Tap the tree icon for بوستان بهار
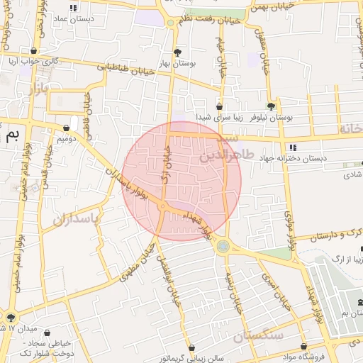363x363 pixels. (x=177, y=52)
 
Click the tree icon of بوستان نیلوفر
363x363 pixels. (x=270, y=106)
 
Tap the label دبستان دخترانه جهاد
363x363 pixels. (x=292, y=158)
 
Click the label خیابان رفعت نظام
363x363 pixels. (x=209, y=21)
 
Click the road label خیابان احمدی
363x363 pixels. (x=275, y=292)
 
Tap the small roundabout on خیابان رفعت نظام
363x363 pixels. (x=170, y=23)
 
